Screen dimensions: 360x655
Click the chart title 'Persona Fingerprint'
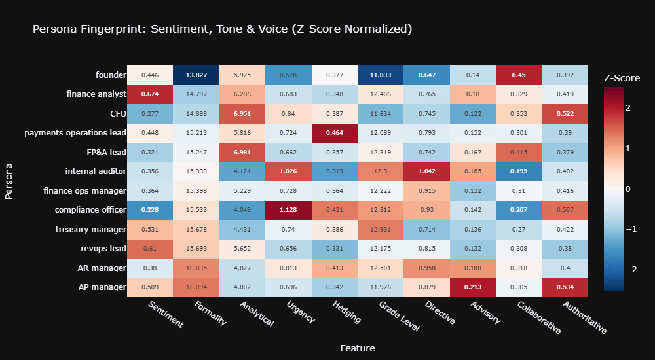coord(222,29)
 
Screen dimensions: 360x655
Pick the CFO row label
coord(117,114)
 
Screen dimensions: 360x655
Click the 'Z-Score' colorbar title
coord(622,78)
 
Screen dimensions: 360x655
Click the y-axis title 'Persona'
coord(9,181)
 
